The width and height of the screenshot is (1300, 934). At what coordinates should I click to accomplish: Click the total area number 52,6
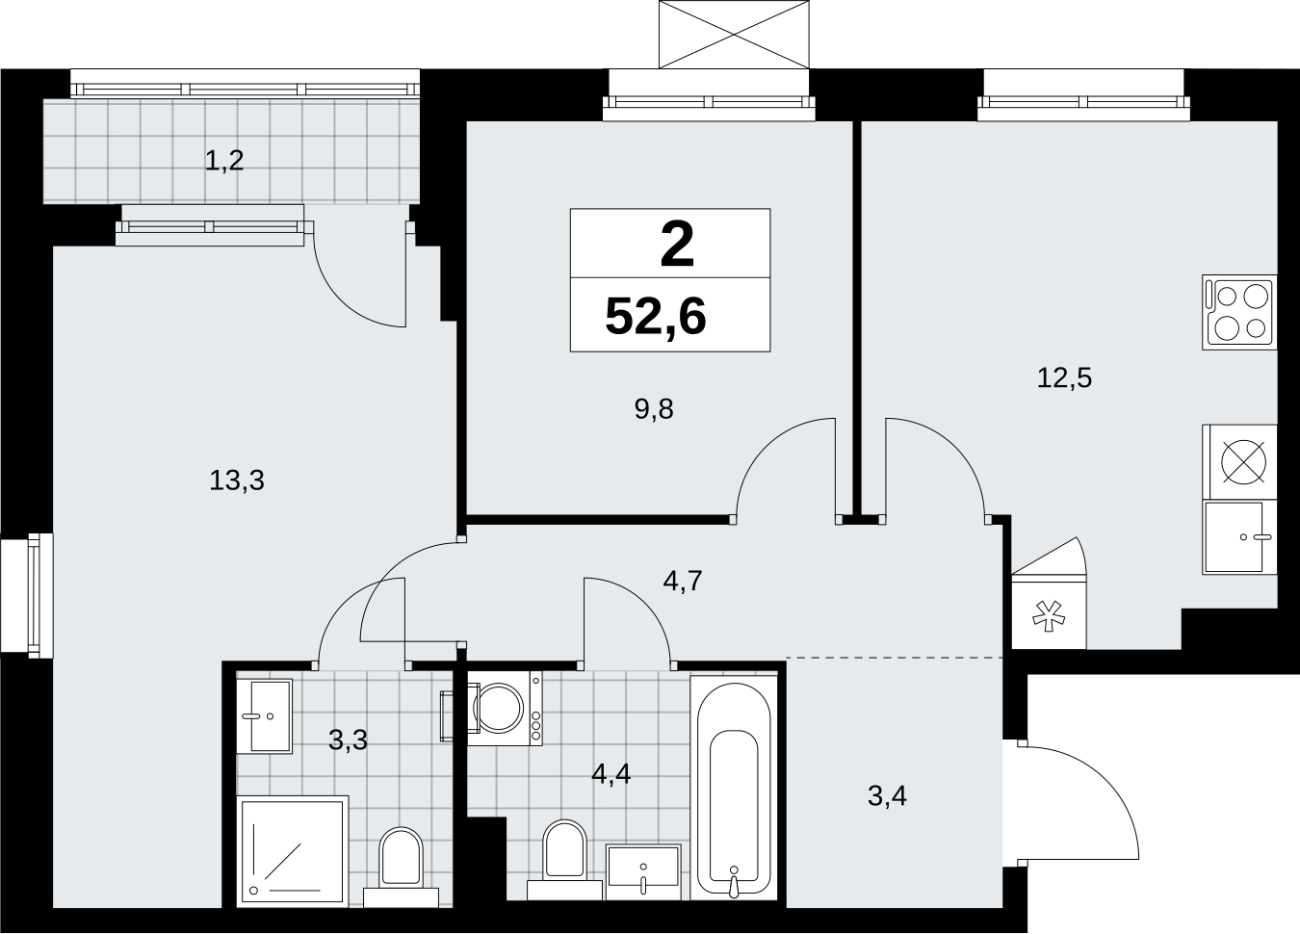(655, 317)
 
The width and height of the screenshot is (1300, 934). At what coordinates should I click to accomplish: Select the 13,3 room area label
(237, 480)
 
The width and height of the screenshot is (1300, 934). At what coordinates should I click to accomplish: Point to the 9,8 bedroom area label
(654, 410)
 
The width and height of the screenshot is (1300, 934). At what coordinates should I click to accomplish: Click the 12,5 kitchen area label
(1064, 377)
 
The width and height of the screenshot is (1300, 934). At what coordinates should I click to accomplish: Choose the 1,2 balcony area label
(224, 161)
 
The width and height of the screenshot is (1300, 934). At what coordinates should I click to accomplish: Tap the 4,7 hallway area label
(683, 581)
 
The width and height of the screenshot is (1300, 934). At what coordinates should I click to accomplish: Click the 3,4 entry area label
(887, 796)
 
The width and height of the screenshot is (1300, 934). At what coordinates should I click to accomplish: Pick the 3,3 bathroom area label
(349, 740)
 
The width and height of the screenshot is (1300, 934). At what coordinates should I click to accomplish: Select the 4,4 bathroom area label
(611, 773)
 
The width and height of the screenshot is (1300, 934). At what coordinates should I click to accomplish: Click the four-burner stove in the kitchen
(1239, 312)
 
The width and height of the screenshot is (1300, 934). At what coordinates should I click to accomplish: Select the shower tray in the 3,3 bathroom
(293, 851)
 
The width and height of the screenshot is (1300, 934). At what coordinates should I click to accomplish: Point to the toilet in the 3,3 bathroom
(401, 867)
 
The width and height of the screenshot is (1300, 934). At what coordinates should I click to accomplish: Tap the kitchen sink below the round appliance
(1239, 537)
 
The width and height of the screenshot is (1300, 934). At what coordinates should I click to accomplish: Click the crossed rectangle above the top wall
(734, 35)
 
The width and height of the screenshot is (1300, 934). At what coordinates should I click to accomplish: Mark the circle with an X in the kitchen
(1244, 462)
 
